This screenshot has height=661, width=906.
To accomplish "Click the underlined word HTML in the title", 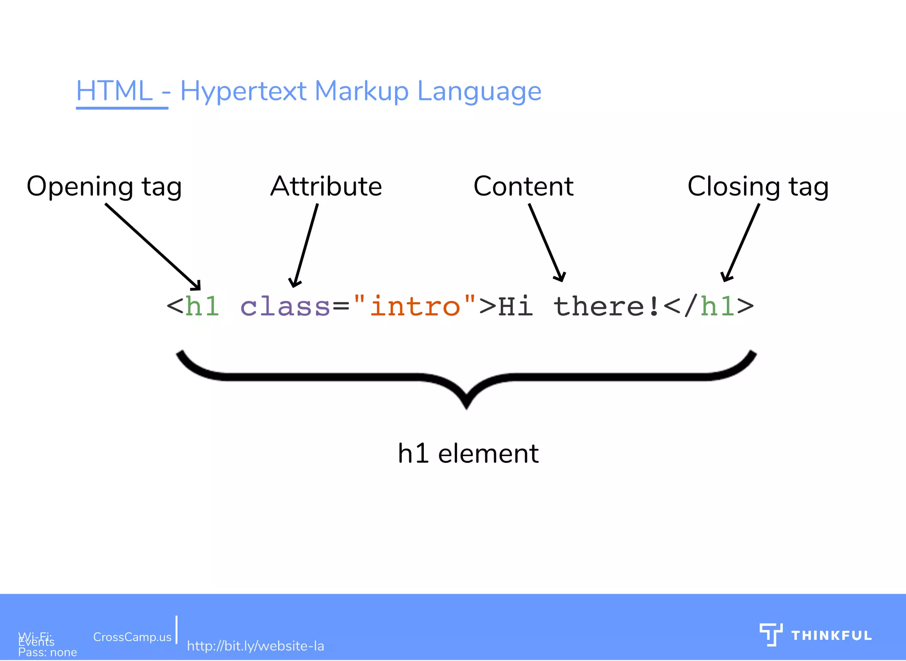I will coord(114,91).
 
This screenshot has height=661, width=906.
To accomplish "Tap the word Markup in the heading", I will coord(361,91).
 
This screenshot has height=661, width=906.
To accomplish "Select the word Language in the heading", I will coord(479,91).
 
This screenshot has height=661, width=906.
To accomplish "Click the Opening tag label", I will coord(104,186).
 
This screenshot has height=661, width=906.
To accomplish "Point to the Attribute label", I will coord(326,186).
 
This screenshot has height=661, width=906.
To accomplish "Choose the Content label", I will coord(523,186).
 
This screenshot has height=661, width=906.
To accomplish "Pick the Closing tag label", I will coord(757,186).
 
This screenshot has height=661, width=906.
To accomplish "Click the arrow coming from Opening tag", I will coord(153,246).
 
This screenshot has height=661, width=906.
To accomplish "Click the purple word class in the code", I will coord(285,306).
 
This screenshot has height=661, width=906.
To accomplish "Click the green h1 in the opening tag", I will coord(202,306).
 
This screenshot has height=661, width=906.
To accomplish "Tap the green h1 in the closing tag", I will coord(717,306).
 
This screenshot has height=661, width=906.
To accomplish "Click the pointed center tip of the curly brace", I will coord(467,405).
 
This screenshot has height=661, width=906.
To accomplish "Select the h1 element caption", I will coord(468,453).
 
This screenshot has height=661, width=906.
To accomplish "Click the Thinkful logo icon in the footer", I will coord(771,634).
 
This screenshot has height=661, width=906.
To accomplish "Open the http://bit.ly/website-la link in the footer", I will coord(255,646).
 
